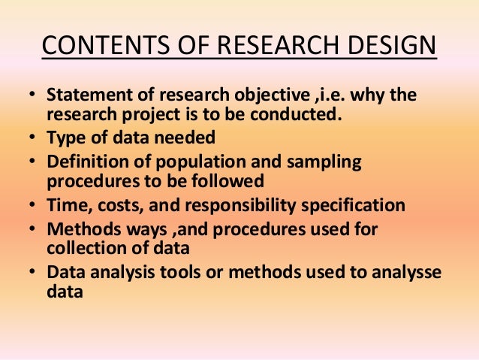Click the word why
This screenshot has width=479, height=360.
[351, 98]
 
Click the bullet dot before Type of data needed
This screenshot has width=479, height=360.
[34, 138]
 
